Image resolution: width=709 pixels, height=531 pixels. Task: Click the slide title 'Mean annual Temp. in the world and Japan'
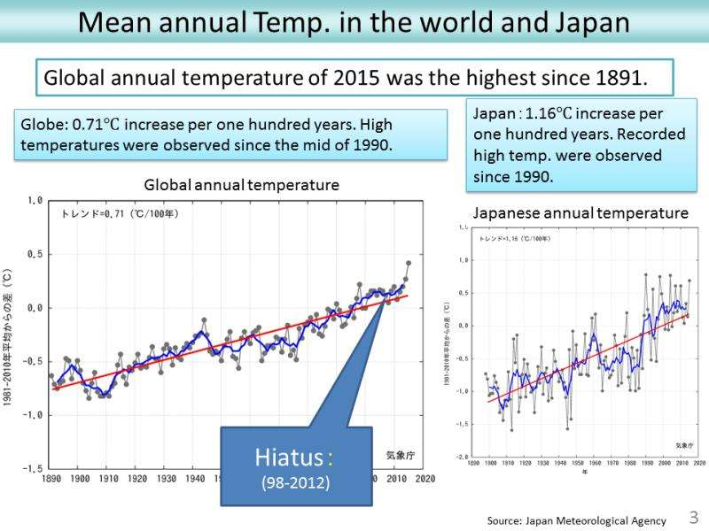tap(354, 21)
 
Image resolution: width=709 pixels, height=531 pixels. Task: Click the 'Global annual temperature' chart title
tap(241, 186)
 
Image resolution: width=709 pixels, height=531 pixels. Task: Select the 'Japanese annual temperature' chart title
tap(580, 213)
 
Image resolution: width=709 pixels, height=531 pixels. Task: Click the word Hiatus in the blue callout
tap(288, 458)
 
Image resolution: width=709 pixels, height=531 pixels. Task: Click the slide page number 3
tap(694, 516)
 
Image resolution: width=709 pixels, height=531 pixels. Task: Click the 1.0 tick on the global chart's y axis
tap(34, 201)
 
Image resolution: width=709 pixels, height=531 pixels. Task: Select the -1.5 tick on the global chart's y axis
tap(31, 468)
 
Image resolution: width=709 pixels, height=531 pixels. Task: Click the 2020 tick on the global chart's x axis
tap(423, 479)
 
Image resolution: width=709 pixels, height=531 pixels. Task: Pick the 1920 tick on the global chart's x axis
tap(136, 479)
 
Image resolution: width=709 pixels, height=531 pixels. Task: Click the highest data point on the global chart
tap(408, 263)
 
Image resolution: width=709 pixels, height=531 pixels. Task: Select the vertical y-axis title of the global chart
tap(8, 335)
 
